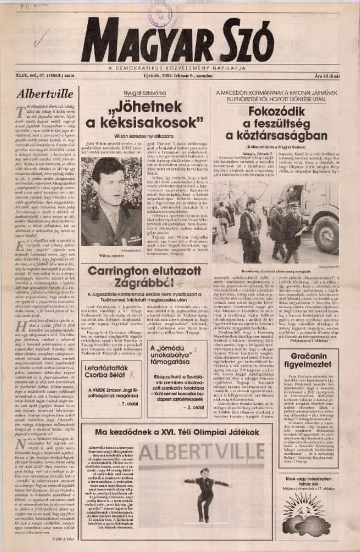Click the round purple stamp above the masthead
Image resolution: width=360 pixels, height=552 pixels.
[160, 12]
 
